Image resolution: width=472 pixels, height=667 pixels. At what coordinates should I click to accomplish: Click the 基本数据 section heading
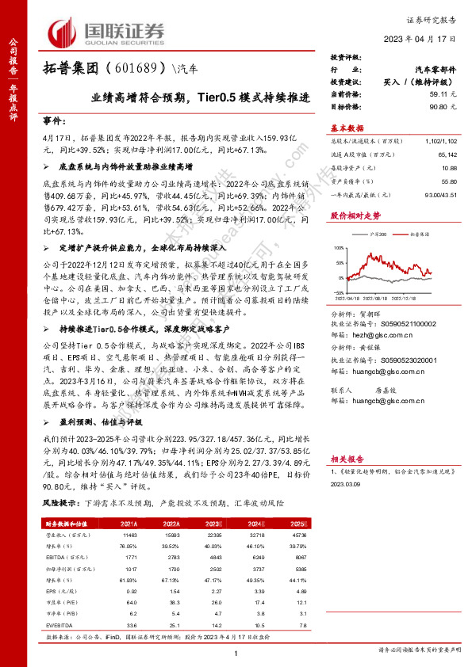tap(347, 128)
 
